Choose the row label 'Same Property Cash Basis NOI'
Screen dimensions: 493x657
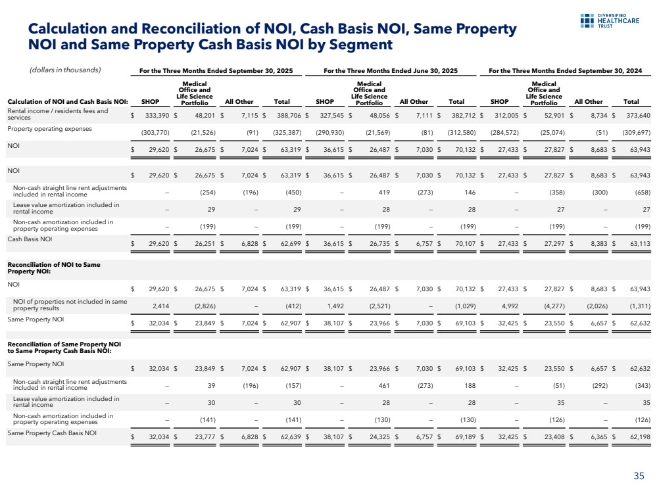(x=51, y=434)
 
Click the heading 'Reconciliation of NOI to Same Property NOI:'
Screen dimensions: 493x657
(x=44, y=267)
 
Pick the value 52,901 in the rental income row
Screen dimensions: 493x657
(x=550, y=115)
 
